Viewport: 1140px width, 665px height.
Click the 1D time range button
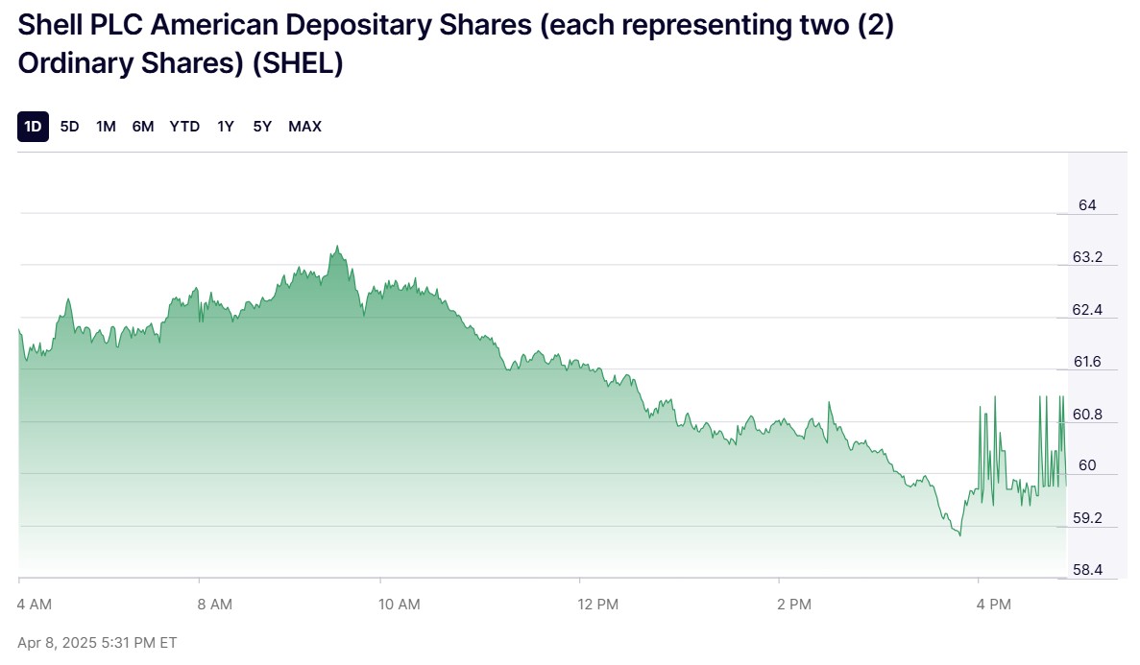[x=33, y=127]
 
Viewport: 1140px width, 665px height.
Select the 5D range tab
[x=69, y=127]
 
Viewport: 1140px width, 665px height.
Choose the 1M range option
[x=106, y=127]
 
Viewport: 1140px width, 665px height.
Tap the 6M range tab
[x=143, y=127]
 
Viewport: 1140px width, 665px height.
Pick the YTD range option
[x=184, y=127]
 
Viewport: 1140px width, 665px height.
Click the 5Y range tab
[x=262, y=127]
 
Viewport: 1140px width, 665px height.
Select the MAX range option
[x=304, y=127]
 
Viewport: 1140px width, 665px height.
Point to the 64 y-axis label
[x=1087, y=205]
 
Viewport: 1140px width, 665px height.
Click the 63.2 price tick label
[x=1087, y=258]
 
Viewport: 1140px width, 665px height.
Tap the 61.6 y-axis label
[x=1087, y=363]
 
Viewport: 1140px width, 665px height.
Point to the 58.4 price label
[x=1087, y=570]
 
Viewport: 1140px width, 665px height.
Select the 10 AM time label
[x=399, y=605]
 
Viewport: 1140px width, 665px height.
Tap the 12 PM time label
[x=598, y=605]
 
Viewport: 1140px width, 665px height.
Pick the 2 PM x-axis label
[x=793, y=605]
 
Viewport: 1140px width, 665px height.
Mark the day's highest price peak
[x=336, y=247]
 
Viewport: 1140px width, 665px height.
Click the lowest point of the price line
[x=959, y=534]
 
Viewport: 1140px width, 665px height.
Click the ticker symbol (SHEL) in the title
[x=301, y=64]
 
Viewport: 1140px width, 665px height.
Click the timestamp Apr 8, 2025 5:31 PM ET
[x=97, y=642]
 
